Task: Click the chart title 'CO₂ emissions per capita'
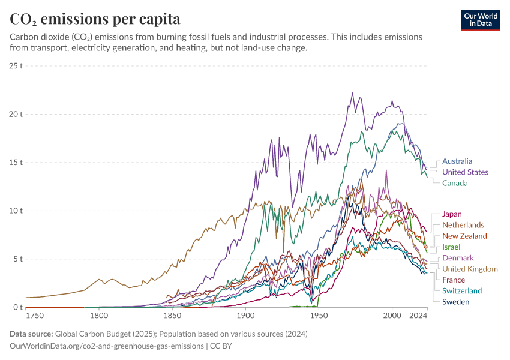pos(95,19)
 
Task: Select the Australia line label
pos(457,161)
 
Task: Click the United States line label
pos(465,172)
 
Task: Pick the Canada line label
pos(455,183)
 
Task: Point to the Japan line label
pos(452,214)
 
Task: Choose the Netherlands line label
pos(463,225)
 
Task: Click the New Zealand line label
pos(464,236)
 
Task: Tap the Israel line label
pos(451,247)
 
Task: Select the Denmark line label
pos(458,258)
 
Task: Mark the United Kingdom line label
pos(470,269)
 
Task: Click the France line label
pos(454,280)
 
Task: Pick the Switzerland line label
pos(462,291)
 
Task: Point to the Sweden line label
pos(455,302)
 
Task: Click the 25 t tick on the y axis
pos(16,65)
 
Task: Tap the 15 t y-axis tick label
pos(16,163)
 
